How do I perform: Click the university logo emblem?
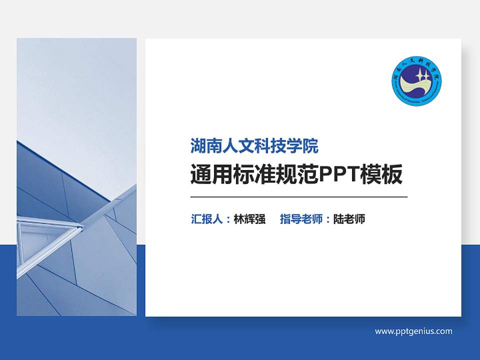[x=416, y=80]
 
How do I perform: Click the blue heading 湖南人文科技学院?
[x=254, y=146]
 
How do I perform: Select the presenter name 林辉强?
[x=249, y=219]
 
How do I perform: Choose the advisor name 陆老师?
[x=349, y=219]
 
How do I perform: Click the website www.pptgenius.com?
[x=413, y=331]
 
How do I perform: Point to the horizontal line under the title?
[x=299, y=197]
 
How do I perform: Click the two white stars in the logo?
[x=422, y=77]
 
